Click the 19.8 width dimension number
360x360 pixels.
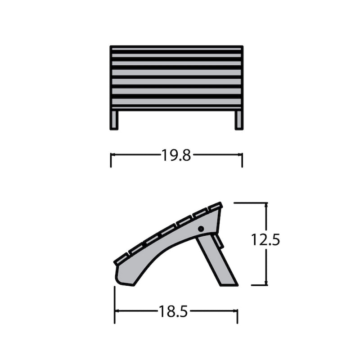coord(176,155)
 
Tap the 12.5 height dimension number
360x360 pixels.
coord(265,240)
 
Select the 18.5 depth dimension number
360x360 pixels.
coord(173,311)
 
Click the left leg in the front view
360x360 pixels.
coord(114,120)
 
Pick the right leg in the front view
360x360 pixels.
coord(239,120)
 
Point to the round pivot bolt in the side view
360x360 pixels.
coord(201,229)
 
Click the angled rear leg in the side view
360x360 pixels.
coord(217,261)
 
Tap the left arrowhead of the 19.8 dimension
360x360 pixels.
coord(113,155)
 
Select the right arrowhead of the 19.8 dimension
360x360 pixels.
coord(240,155)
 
